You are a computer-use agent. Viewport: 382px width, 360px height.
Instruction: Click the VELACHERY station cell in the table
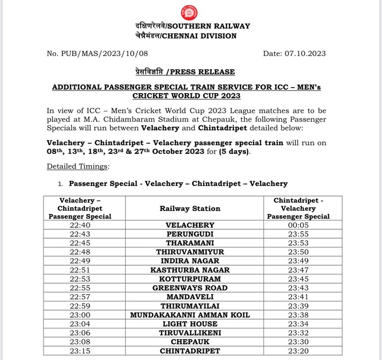[190, 225]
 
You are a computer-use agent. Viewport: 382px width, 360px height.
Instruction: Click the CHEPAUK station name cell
[190, 342]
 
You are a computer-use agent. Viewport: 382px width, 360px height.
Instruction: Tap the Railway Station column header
[190, 208]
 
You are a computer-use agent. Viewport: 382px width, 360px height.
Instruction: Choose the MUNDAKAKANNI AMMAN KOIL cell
[190, 315]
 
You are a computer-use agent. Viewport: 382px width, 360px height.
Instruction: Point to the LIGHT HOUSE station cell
[190, 324]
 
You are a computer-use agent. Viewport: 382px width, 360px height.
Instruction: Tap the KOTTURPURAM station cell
[190, 279]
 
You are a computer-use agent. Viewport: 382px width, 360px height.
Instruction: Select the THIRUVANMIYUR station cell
[190, 252]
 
